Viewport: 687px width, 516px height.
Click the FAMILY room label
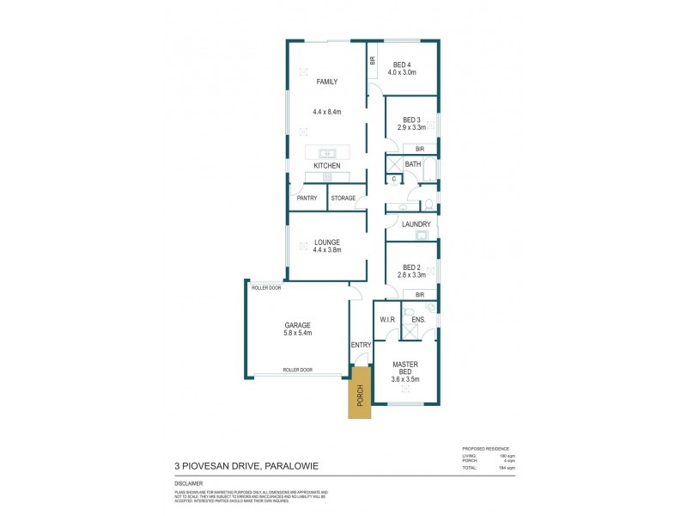pyautogui.click(x=326, y=82)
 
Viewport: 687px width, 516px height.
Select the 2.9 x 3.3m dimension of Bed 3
pyautogui.click(x=412, y=127)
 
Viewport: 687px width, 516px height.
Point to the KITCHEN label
pyautogui.click(x=326, y=165)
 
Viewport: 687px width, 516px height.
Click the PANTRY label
pyautogui.click(x=307, y=199)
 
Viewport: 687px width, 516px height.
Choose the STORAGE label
pyautogui.click(x=343, y=199)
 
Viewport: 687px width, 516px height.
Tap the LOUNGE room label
pyautogui.click(x=326, y=243)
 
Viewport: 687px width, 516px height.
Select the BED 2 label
pyautogui.click(x=412, y=267)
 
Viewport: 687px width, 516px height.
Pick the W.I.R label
pyautogui.click(x=387, y=320)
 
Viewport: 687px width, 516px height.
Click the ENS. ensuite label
pyautogui.click(x=418, y=320)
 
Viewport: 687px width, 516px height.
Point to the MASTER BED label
pyautogui.click(x=404, y=367)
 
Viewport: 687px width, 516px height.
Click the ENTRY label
pyautogui.click(x=361, y=345)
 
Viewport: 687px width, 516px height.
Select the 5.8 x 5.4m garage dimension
pyautogui.click(x=297, y=333)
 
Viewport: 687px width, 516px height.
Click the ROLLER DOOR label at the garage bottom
pyautogui.click(x=297, y=370)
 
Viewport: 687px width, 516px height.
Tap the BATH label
pyautogui.click(x=413, y=164)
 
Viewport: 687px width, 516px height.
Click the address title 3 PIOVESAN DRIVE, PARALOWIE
pyautogui.click(x=246, y=466)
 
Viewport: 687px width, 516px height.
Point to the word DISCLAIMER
pyautogui.click(x=188, y=484)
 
